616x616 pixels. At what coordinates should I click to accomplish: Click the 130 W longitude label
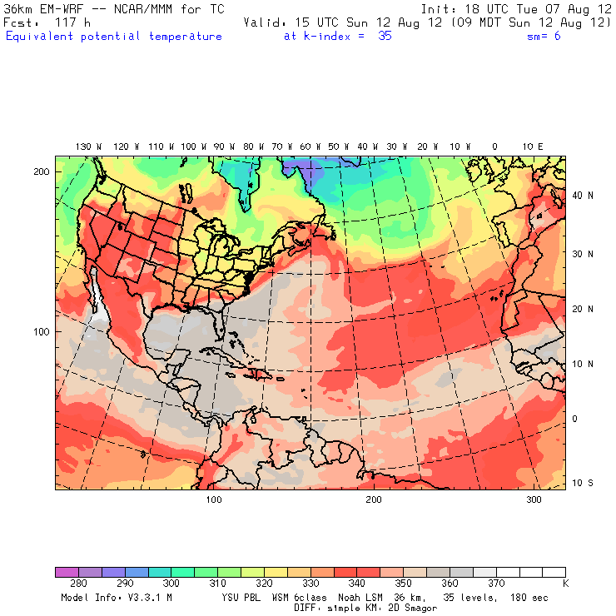tap(83, 147)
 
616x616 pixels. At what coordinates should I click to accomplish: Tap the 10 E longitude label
tap(533, 147)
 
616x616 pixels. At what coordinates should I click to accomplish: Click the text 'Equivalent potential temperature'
tap(113, 37)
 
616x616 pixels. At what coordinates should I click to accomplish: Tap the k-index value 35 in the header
tap(385, 37)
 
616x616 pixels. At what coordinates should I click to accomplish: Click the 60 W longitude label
tap(306, 147)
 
